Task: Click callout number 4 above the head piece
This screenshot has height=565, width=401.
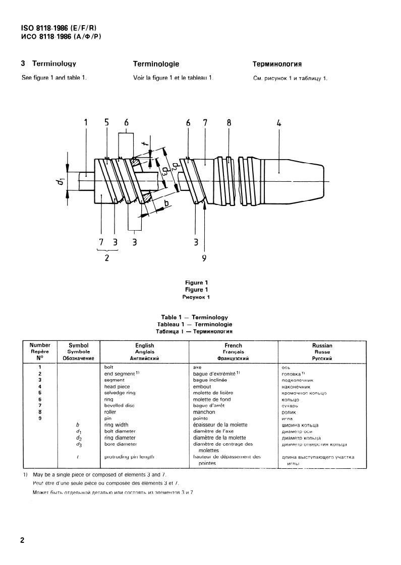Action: (x=279, y=122)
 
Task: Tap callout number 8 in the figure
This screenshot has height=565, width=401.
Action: (x=228, y=122)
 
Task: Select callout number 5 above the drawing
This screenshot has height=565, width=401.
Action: (x=106, y=122)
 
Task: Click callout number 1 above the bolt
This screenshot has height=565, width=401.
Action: (x=86, y=122)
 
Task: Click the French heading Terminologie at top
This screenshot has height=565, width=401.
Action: (x=156, y=64)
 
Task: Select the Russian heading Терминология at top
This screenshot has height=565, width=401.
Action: (x=277, y=64)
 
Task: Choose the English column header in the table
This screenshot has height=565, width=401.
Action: (x=144, y=346)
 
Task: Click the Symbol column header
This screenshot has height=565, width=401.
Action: (x=78, y=346)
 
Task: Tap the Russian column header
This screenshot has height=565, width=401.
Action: (x=322, y=346)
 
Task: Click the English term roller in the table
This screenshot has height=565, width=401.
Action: (x=110, y=412)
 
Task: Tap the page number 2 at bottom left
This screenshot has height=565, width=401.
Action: (x=22, y=541)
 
